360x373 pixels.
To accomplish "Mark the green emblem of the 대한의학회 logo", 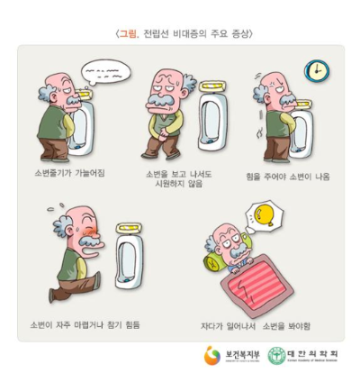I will coord(277,355).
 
